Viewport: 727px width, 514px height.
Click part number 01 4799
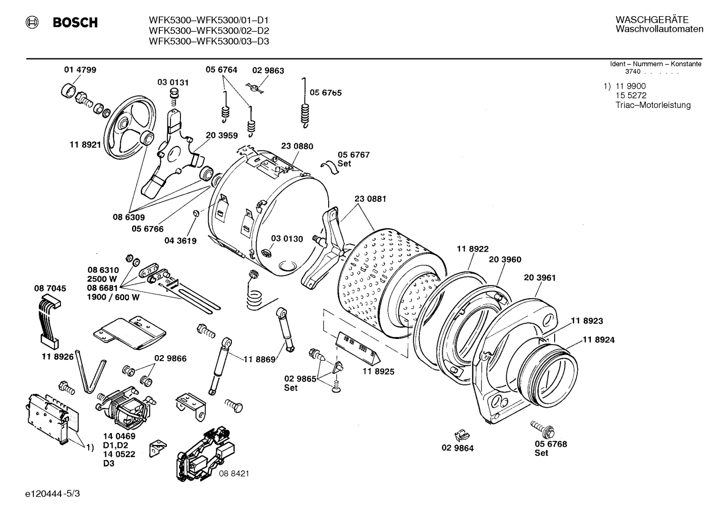point(80,70)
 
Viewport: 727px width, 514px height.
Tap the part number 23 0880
point(297,146)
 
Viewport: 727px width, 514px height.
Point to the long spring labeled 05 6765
point(305,103)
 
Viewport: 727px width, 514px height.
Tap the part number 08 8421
point(234,474)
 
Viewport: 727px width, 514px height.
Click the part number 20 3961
point(539,277)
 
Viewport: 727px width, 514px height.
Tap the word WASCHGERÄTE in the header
point(651,20)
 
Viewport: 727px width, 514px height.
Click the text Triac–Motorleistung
point(652,105)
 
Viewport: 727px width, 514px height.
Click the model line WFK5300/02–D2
point(209,31)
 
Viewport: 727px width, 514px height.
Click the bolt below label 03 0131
point(175,95)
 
